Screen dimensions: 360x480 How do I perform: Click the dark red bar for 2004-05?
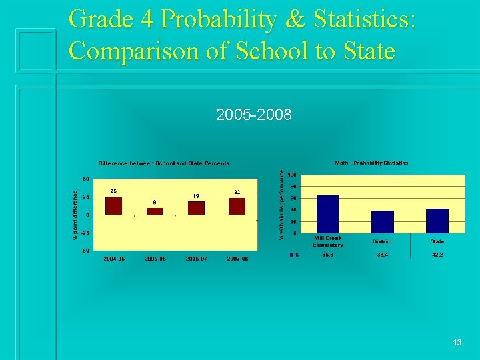point(114,205)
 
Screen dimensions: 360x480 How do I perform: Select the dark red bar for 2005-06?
point(155,211)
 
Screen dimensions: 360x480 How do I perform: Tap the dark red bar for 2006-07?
point(196,208)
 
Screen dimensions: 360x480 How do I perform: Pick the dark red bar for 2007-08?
point(237,207)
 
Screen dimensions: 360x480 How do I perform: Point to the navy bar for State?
point(437,221)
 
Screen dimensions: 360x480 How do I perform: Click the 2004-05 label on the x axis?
point(114,259)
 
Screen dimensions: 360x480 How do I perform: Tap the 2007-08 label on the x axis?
point(237,259)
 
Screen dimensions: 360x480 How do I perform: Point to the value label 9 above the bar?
point(155,201)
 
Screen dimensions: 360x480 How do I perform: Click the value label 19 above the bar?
point(196,195)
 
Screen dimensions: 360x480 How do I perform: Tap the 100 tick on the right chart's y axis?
point(292,175)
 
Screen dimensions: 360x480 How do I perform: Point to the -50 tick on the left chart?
point(85,250)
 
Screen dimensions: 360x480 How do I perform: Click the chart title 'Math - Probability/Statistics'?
point(371,163)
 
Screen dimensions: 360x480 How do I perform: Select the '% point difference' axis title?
point(75,213)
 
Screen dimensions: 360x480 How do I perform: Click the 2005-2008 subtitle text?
point(254,115)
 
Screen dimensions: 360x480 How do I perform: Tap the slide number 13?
point(457,342)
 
